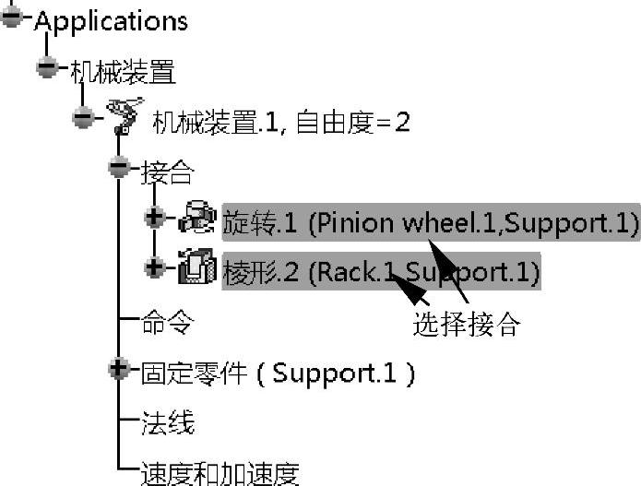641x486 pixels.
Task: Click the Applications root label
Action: [110, 20]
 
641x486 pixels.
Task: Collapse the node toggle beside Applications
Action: [12, 18]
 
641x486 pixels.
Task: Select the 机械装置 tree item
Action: [123, 70]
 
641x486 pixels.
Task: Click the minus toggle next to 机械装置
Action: [47, 67]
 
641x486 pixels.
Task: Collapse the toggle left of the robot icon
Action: [83, 117]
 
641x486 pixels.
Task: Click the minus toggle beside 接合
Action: [118, 167]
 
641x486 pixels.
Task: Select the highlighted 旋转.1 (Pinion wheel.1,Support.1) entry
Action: [430, 221]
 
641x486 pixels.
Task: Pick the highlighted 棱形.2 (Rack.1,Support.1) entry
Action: [381, 272]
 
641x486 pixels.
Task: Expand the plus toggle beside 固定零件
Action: [118, 370]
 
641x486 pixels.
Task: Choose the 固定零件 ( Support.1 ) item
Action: [277, 373]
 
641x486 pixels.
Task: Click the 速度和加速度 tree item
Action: [219, 473]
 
